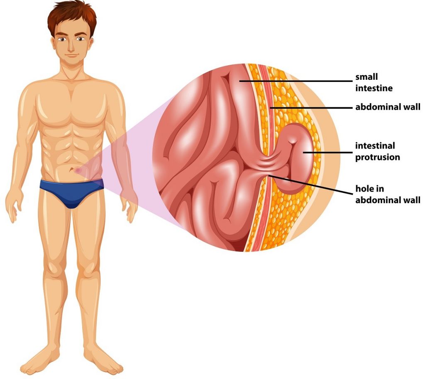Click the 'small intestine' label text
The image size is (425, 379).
point(374,83)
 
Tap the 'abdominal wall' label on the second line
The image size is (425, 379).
point(388,107)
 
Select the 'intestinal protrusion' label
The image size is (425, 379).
point(378,152)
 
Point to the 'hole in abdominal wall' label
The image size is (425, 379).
point(388,194)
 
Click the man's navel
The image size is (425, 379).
point(71,170)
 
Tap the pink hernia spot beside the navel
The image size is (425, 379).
point(78,171)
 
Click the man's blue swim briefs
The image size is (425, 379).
point(71,192)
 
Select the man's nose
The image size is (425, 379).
point(71,47)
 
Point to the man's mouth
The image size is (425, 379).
point(71,56)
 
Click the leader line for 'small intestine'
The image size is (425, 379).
point(296,81)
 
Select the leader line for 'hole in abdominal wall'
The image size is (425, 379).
point(311,185)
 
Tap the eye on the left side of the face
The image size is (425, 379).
point(62,39)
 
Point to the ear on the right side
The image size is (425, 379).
point(91,44)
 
